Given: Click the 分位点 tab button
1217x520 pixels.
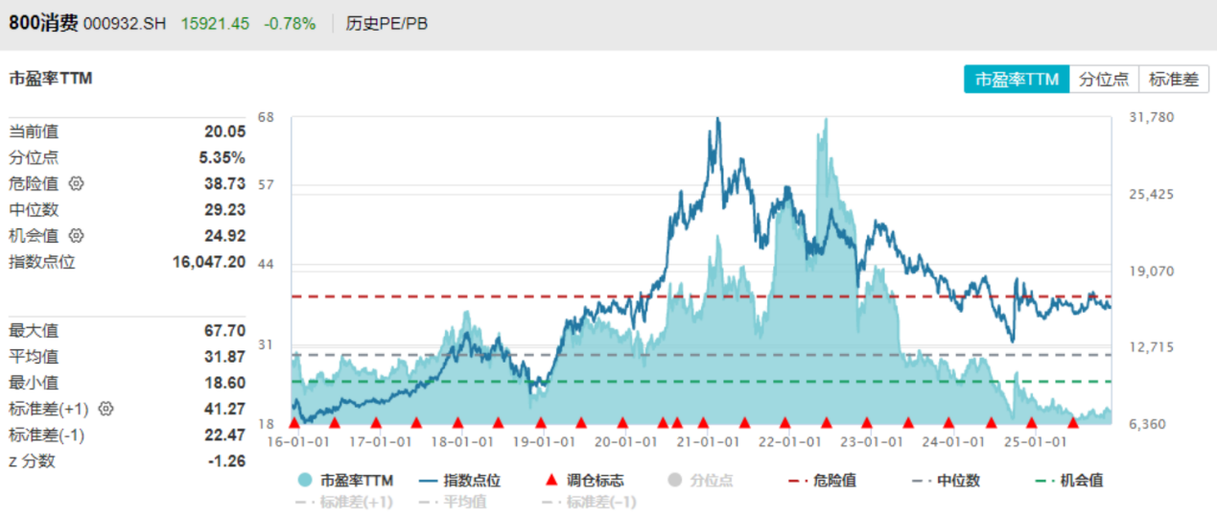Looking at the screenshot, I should click(1104, 80).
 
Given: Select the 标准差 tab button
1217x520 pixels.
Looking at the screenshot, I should click(1174, 80).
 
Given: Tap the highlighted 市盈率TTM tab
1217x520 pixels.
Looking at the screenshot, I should click(1017, 80).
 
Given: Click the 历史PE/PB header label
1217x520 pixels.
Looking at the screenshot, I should click(386, 24).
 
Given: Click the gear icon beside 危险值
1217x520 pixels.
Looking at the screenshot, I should click(77, 183).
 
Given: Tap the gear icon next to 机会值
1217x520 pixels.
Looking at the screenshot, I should click(77, 235).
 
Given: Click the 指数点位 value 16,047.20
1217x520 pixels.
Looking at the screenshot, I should click(208, 262).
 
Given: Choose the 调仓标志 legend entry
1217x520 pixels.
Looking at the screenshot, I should click(585, 481).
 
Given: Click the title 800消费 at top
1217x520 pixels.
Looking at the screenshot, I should click(44, 24).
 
